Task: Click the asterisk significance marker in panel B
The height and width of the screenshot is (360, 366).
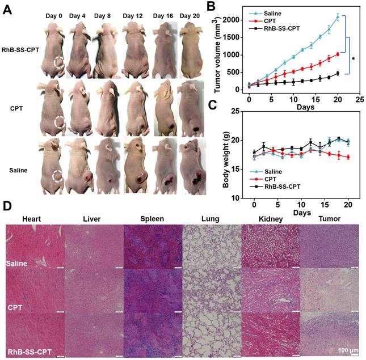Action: (354, 59)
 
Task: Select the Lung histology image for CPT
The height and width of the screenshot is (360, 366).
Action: (211, 290)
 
